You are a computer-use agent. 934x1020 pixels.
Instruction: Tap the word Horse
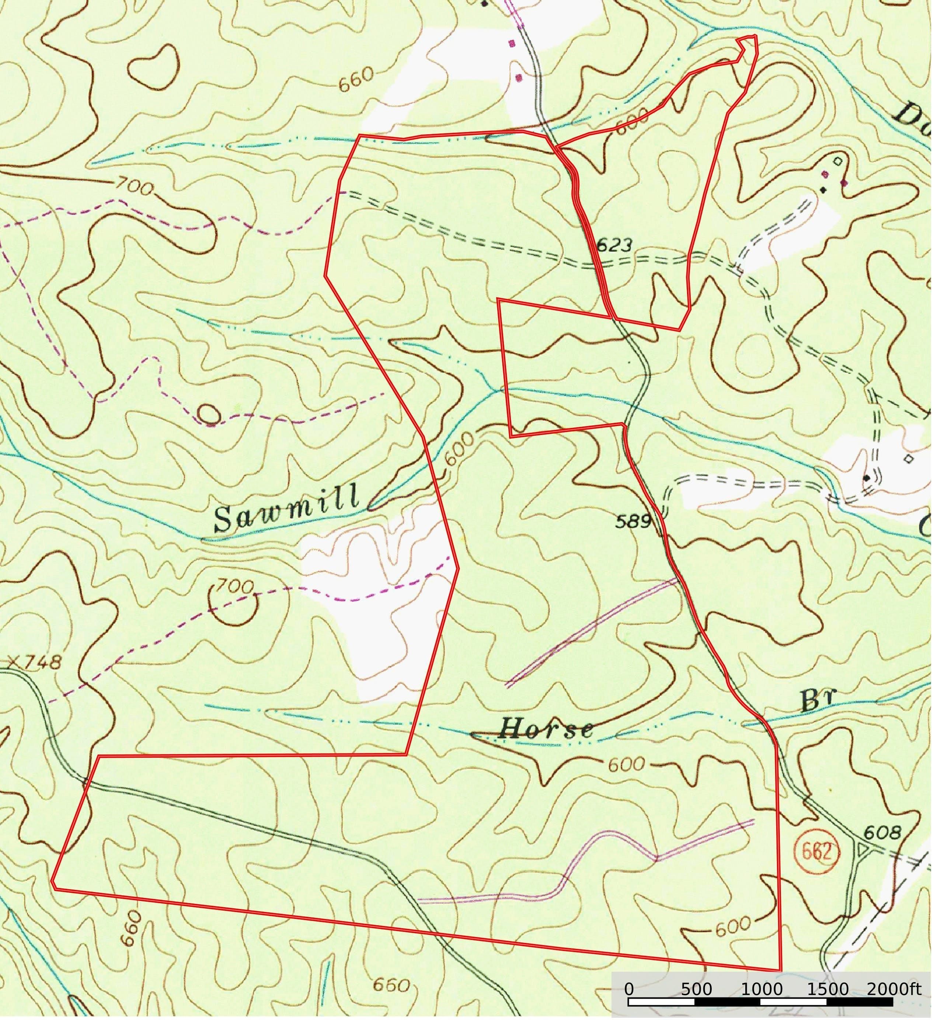(x=546, y=729)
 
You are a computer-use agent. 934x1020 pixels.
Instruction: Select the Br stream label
(x=819, y=701)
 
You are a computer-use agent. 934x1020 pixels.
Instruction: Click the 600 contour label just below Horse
(x=626, y=765)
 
